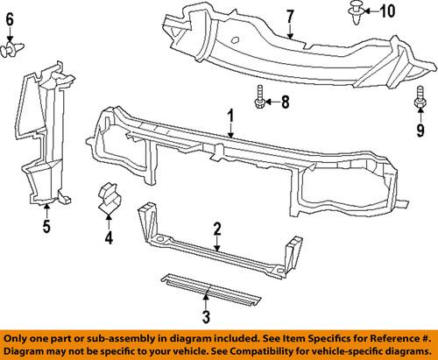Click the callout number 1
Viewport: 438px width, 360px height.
[230, 115]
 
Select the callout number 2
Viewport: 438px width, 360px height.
[215, 229]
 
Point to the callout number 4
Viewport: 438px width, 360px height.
[109, 236]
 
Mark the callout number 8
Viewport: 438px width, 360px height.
[284, 102]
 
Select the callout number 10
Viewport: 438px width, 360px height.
[387, 11]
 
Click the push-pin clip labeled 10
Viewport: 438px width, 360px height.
[357, 13]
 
